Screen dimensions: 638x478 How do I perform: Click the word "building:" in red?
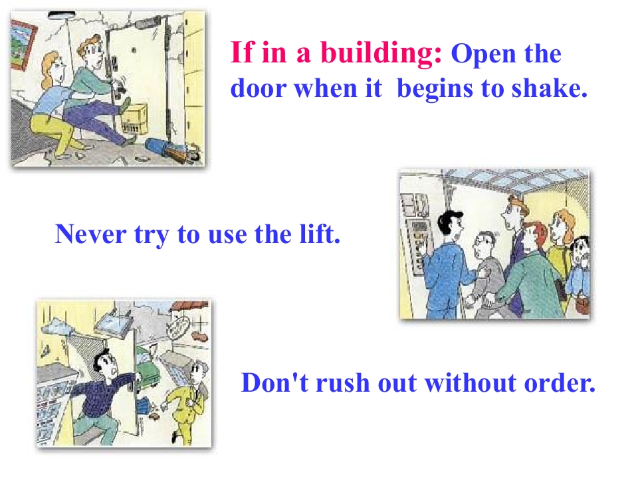381,53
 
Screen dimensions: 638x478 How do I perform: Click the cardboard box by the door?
135,119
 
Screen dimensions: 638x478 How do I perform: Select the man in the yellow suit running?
188,401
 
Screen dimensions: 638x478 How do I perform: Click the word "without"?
470,382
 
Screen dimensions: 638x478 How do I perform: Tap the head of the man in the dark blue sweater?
105,363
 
